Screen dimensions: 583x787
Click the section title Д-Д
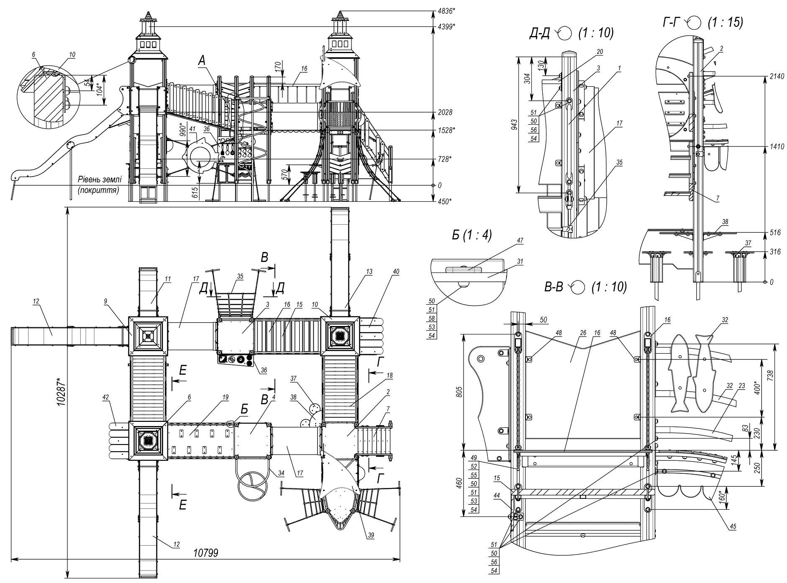point(539,33)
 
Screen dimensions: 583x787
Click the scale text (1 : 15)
point(725,23)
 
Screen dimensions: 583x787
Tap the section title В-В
point(555,287)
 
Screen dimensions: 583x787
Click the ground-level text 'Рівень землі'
point(100,180)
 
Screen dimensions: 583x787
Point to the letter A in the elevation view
point(202,62)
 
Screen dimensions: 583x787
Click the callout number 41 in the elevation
point(192,129)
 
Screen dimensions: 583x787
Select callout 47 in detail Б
point(520,240)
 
